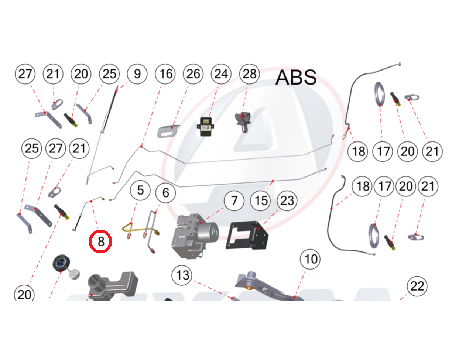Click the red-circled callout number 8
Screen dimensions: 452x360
click(100, 241)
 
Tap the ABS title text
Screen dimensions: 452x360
click(296, 77)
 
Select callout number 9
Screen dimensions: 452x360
click(137, 74)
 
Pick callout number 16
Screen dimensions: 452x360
click(165, 74)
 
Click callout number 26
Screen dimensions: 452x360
click(193, 74)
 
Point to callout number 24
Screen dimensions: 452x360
click(221, 74)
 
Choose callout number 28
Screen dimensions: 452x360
click(250, 74)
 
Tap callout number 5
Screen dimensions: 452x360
click(140, 191)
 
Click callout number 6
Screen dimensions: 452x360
click(165, 193)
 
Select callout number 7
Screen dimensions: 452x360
click(234, 200)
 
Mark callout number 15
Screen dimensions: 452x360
click(260, 200)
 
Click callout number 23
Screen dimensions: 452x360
click(287, 200)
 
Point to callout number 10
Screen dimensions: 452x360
click(310, 259)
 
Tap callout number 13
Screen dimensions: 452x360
click(182, 275)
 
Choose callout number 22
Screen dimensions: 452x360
click(417, 286)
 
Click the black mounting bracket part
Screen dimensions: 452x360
click(247, 235)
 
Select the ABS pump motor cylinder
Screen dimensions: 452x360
click(207, 232)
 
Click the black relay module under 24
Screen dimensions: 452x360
click(205, 127)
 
